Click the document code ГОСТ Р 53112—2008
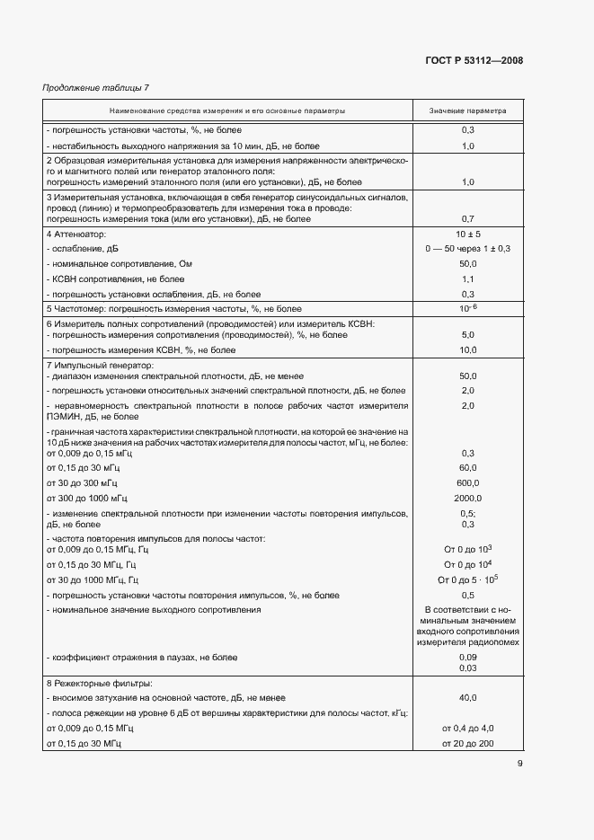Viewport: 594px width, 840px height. coord(474,60)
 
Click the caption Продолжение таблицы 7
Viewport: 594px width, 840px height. coord(96,87)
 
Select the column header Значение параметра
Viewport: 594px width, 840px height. coord(467,111)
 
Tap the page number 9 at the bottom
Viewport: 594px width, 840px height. coord(519,764)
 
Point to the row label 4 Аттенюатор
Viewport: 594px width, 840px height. coord(75,234)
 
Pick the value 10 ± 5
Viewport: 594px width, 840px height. coord(467,234)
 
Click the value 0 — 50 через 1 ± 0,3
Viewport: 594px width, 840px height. coord(467,249)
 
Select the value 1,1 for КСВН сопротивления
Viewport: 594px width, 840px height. coord(467,279)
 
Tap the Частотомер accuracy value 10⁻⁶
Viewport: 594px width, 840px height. coord(467,308)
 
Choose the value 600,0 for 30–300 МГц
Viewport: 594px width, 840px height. coord(467,482)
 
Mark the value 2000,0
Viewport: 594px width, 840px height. coord(467,498)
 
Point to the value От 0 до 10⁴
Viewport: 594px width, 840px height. coord(467,564)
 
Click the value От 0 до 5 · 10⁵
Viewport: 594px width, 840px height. coord(467,579)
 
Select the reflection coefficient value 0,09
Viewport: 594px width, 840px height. coord(467,658)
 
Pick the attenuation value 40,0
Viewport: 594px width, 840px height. coord(467,697)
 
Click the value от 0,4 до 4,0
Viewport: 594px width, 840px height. coord(467,729)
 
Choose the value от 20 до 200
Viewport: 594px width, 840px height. coord(467,744)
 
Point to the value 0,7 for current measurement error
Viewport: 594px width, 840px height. coord(467,218)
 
